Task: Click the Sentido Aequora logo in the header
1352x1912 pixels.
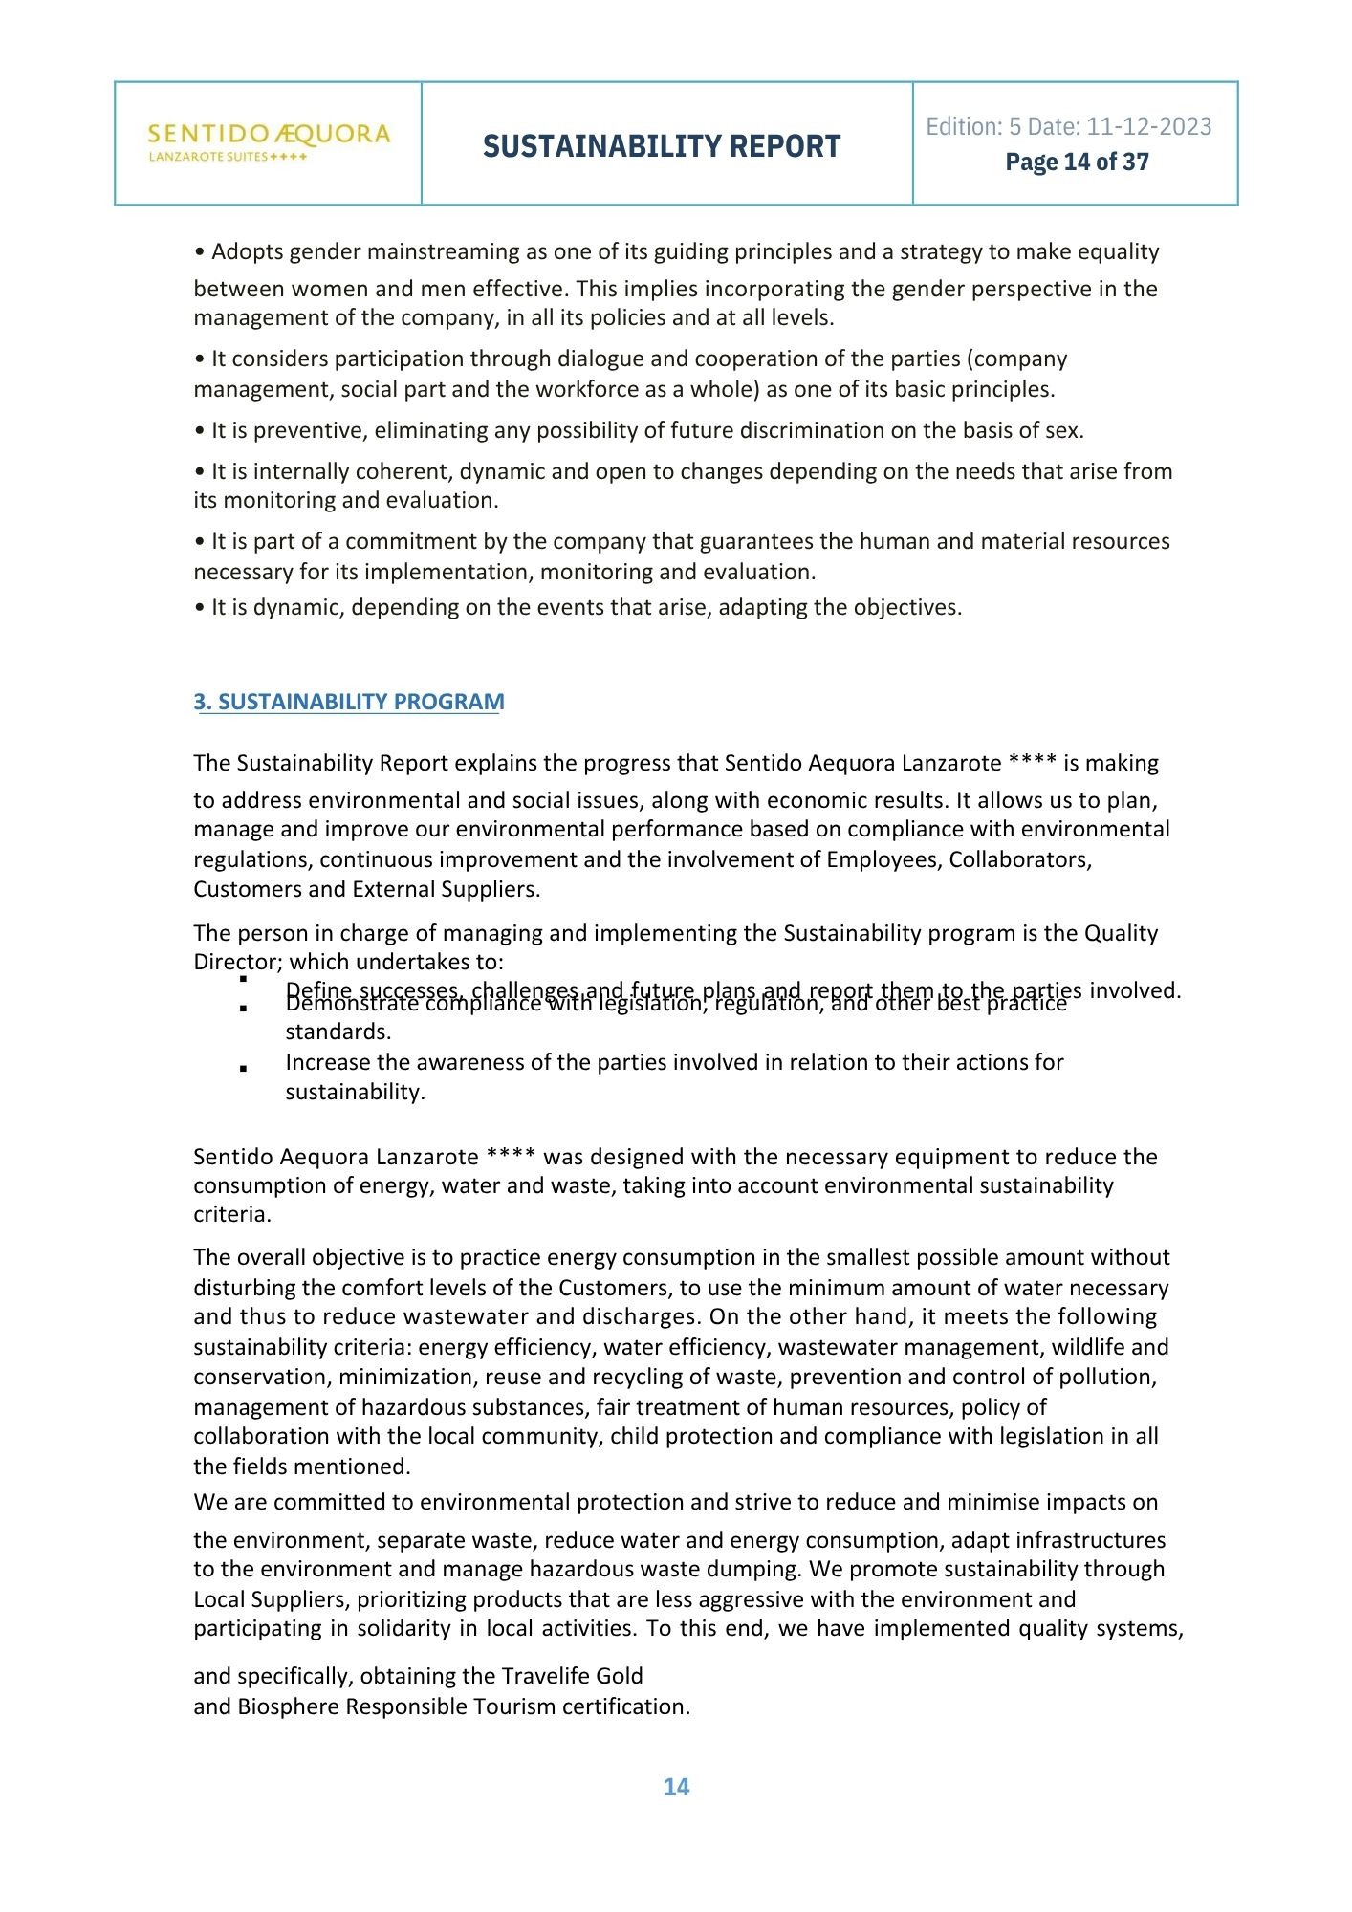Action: pos(269,141)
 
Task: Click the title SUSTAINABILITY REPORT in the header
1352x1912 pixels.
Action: pos(662,146)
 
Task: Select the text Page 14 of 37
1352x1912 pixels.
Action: pos(1077,163)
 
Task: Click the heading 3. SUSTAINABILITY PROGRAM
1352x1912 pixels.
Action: pos(349,702)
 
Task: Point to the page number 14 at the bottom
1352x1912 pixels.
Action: pos(676,1787)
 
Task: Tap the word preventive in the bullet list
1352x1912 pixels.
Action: pos(311,430)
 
